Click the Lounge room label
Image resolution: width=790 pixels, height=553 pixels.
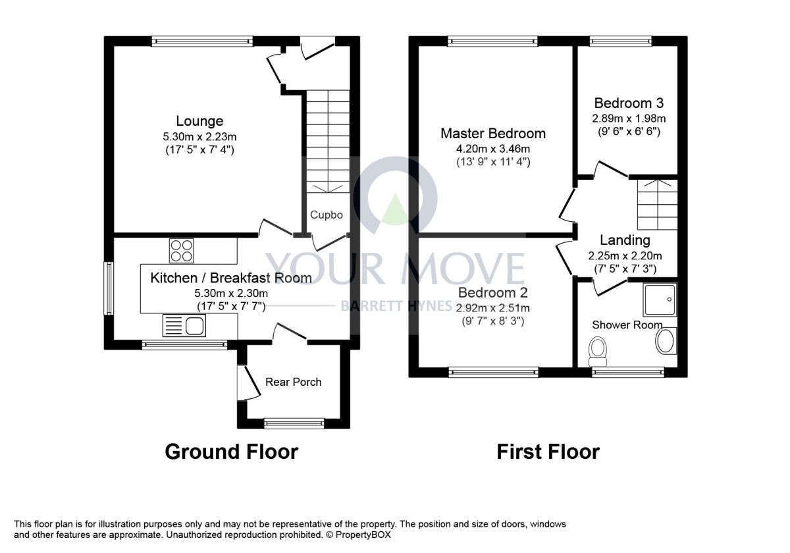click(199, 121)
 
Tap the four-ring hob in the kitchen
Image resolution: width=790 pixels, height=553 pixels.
click(181, 251)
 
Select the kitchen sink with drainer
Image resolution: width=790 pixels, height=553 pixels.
click(184, 325)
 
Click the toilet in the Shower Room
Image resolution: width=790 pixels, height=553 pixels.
click(598, 352)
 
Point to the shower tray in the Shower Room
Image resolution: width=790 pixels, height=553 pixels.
click(660, 300)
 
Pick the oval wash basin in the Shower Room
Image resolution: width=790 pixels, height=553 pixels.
click(666, 341)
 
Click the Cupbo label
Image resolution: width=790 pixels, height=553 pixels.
click(327, 215)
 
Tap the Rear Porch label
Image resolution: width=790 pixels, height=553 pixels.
click(294, 382)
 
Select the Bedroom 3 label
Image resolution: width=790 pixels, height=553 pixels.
click(629, 103)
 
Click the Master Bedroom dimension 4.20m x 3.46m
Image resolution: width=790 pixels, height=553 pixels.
click(493, 149)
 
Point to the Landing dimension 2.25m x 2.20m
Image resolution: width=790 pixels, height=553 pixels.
click(625, 255)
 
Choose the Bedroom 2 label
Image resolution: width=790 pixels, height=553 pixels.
click(492, 293)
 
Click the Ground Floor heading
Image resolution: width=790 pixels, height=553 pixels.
click(232, 452)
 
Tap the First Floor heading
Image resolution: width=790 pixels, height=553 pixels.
click(548, 452)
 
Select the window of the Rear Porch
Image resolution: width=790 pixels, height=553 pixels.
click(294, 423)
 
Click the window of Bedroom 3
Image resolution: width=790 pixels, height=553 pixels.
click(621, 41)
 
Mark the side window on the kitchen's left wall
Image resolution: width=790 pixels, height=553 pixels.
click(109, 288)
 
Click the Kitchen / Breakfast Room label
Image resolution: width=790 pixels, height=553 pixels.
click(231, 278)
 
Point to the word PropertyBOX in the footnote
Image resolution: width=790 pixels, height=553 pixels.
click(363, 535)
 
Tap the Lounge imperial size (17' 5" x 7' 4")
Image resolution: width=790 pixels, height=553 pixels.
click(199, 150)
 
